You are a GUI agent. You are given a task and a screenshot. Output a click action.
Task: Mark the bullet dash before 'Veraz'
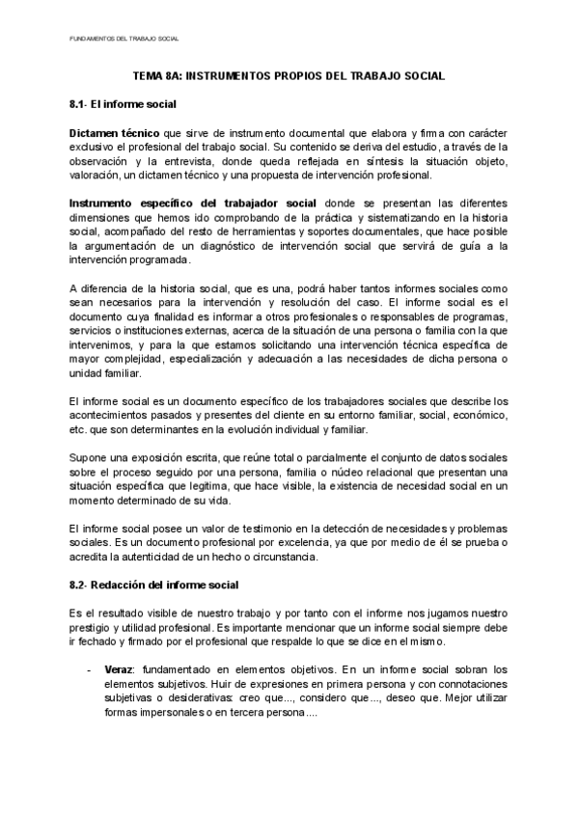click(90, 668)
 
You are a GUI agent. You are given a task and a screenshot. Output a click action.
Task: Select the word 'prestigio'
click(92, 627)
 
